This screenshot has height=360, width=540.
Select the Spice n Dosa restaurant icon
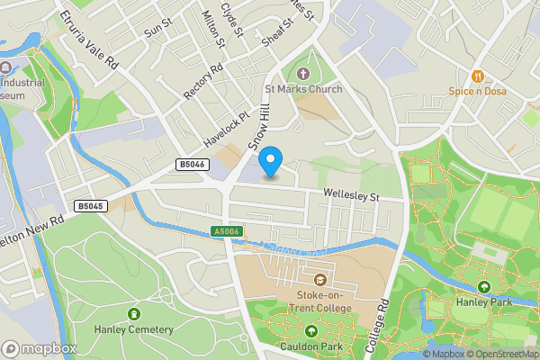coord(478,76)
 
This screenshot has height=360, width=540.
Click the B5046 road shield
coord(192,165)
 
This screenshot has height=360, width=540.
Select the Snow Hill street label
coord(260,125)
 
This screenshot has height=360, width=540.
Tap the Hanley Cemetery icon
coord(134,314)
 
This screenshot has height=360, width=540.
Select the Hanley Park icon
coord(484,287)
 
